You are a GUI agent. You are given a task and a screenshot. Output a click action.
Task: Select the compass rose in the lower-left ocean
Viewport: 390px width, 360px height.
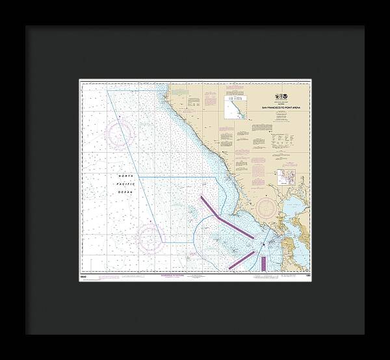[150, 238]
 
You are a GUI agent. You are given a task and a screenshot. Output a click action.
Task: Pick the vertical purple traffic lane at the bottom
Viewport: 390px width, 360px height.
[264, 263]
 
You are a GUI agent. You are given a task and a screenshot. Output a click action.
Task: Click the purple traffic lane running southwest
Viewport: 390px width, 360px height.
[241, 259]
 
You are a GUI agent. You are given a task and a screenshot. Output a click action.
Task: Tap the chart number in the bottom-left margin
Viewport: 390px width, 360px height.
[84, 276]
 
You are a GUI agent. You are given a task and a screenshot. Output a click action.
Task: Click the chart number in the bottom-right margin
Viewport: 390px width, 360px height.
[306, 276]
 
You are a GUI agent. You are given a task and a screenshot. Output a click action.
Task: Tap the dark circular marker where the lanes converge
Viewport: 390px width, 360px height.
[263, 245]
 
